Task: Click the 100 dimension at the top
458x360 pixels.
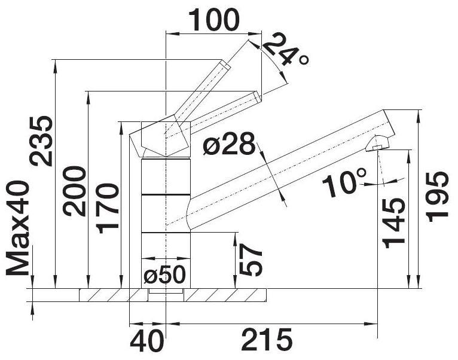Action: coord(214,20)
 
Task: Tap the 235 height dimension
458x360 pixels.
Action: coord(41,141)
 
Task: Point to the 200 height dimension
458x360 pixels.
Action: coord(75,191)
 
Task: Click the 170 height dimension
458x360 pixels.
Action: coord(108,208)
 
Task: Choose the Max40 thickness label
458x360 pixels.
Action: coord(18,228)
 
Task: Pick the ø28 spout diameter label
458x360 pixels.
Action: coord(229,144)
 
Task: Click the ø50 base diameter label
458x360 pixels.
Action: coord(165,274)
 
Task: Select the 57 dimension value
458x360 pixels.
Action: coord(250,260)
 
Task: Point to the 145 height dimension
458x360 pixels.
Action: coord(394,224)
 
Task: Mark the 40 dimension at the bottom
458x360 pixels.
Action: coord(146,341)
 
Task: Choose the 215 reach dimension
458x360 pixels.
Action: coord(267,340)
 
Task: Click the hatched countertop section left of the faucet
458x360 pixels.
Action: coord(114,295)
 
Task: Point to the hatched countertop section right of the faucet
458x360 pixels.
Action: coord(225,295)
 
